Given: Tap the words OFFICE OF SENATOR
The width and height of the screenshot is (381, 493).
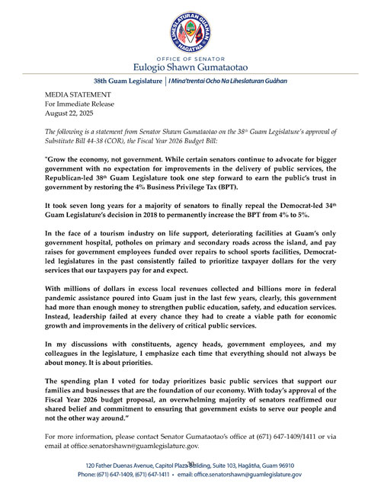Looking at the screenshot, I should (x=190, y=56).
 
